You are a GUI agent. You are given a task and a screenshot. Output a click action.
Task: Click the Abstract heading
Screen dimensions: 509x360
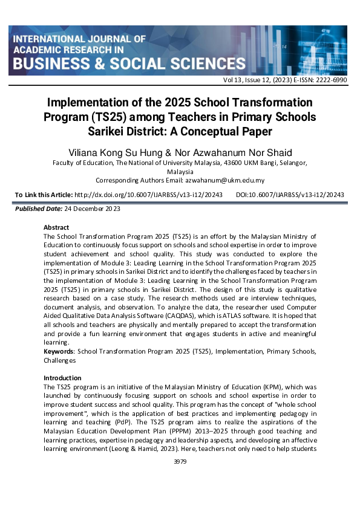(56, 227)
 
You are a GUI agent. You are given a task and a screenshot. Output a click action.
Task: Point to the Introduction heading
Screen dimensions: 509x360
(64, 378)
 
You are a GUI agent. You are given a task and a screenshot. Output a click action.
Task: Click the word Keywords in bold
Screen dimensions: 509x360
(59, 351)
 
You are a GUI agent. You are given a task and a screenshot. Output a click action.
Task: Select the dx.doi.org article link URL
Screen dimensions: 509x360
(148, 194)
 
